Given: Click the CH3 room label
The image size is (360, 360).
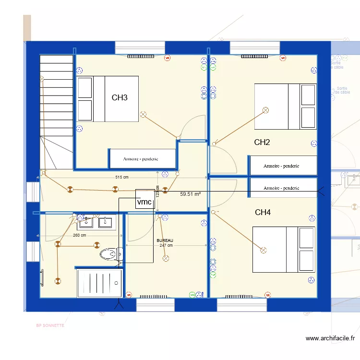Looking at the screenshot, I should tap(120, 98).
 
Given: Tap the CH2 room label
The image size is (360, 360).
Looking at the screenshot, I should tap(262, 142).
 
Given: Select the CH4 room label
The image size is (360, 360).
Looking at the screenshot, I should tap(263, 212).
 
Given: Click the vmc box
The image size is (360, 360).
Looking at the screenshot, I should tap(144, 202).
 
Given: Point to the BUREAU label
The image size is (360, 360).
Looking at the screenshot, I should tap(165, 240).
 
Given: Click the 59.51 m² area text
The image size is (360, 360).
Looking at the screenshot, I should tap(190, 194).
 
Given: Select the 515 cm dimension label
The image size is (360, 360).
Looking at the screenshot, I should tap(122, 177).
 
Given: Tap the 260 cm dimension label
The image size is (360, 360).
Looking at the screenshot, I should tap(80, 235).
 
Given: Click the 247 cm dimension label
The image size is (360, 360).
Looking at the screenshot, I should tap(166, 245).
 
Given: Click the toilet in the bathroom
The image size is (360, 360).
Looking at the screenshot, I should tap(110, 254).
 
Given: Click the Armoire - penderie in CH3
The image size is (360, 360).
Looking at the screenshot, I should tap(141, 159).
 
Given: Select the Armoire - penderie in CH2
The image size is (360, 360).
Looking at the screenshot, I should tap(281, 166).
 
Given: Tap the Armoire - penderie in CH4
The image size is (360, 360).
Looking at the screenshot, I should tap(281, 188).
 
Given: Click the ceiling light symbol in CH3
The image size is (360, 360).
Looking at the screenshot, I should tap(143, 114).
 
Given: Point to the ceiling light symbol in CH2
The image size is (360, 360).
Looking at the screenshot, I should tap(265, 110).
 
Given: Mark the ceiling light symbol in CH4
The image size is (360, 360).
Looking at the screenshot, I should tap(263, 250).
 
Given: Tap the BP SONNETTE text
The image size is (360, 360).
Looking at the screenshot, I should tap(50, 325).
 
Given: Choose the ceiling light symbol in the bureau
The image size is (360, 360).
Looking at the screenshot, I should tap(166, 258).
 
